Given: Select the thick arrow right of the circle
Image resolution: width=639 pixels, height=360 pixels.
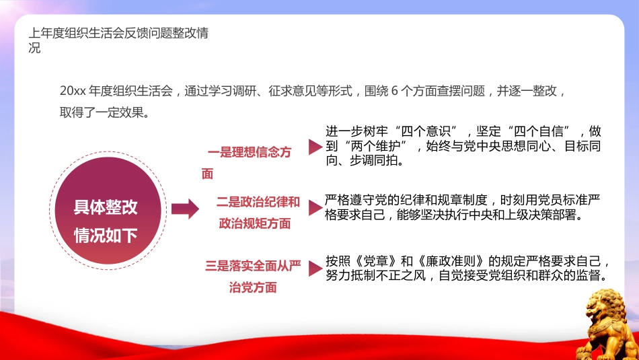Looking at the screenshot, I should pos(184,209).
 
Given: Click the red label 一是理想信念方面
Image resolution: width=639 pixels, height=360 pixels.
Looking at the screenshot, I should pos(249,153).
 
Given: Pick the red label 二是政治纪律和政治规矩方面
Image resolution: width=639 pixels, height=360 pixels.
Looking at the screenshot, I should pos(256,212).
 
